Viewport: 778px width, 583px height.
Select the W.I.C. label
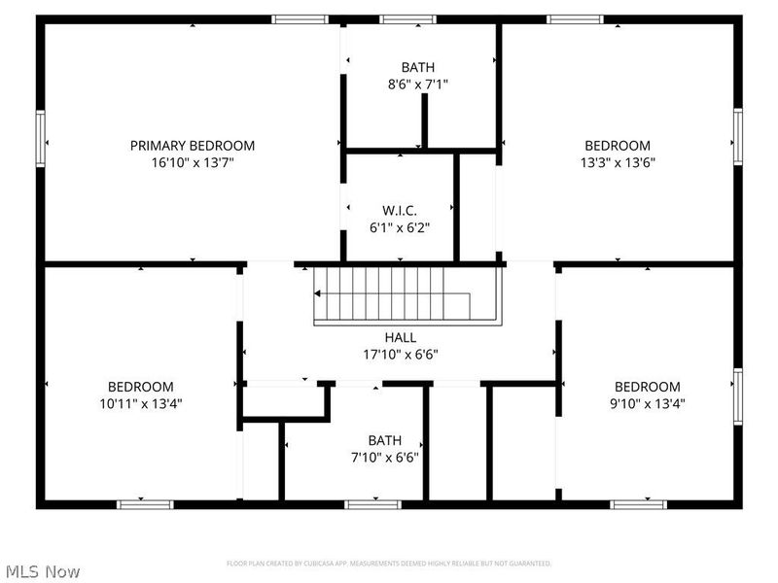click(x=399, y=210)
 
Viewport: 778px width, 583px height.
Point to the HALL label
click(x=401, y=337)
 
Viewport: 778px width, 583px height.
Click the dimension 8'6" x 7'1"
click(x=417, y=85)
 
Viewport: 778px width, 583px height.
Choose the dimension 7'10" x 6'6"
click(x=384, y=457)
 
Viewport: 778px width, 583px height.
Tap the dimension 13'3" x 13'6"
click(x=618, y=162)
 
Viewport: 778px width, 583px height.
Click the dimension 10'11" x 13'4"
click(x=140, y=402)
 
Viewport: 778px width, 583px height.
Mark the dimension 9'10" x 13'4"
click(x=647, y=402)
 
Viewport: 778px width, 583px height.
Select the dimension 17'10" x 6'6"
click(x=401, y=354)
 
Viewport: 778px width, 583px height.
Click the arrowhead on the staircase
click(x=318, y=293)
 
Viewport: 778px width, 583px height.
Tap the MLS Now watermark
click(x=42, y=572)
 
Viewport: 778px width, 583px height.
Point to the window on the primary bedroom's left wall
click(x=41, y=139)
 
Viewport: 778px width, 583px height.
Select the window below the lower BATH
click(x=373, y=503)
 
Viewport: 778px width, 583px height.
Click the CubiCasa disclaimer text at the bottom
click(x=389, y=564)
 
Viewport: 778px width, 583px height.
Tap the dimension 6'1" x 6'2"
click(x=399, y=226)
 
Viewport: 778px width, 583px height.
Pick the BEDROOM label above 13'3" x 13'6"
click(x=618, y=146)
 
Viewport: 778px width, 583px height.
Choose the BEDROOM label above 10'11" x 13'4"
click(x=140, y=386)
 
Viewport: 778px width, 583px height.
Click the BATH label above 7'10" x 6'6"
click(x=384, y=440)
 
